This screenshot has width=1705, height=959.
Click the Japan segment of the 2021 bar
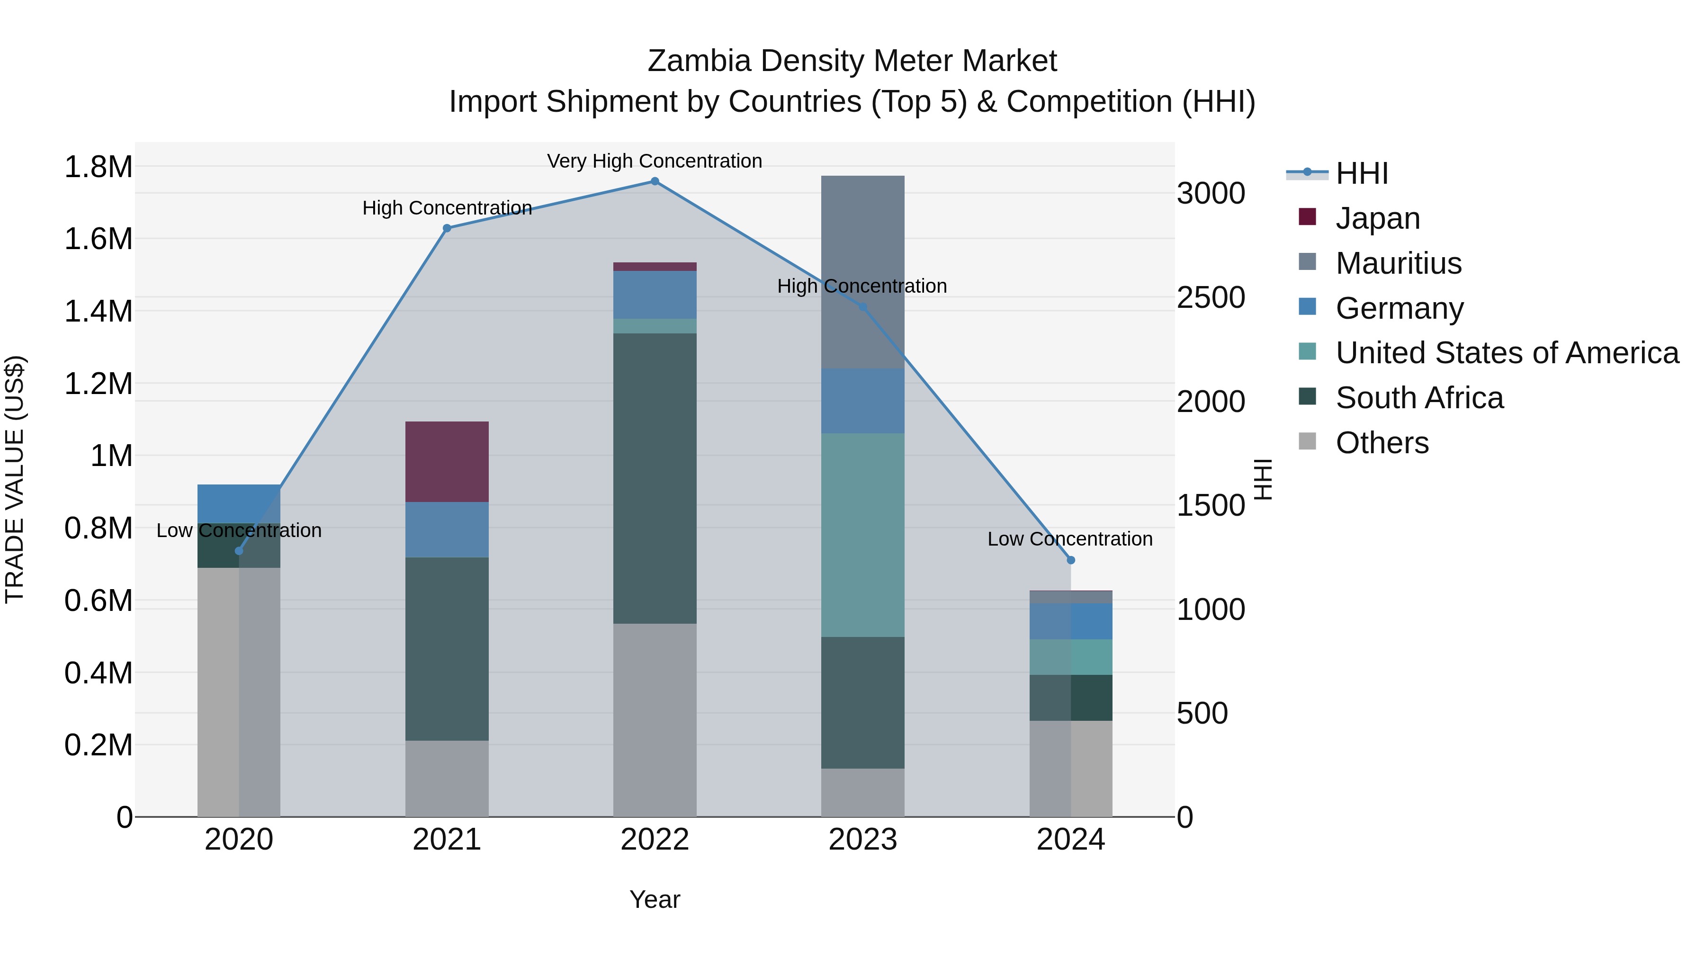[447, 461]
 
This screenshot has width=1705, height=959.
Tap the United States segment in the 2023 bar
[862, 535]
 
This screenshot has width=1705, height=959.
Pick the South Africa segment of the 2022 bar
[655, 478]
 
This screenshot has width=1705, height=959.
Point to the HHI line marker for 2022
[655, 181]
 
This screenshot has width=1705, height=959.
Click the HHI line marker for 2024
[1071, 560]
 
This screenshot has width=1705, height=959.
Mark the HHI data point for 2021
[447, 228]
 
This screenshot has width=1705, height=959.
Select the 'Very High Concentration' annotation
[655, 161]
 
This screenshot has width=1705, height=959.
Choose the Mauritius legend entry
[1398, 263]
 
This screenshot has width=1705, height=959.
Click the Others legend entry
[1382, 443]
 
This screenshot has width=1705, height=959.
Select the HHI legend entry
[1362, 173]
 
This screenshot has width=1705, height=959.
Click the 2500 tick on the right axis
[1211, 298]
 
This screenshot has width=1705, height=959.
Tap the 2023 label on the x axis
[862, 840]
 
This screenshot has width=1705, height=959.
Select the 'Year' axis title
[655, 899]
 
